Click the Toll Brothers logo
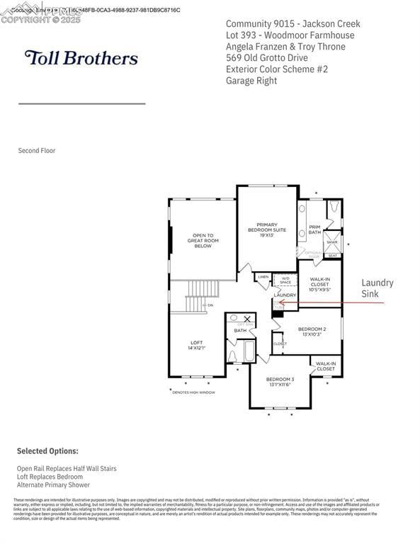[x=81, y=57]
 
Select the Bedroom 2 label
[x=312, y=331]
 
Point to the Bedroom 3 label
[x=280, y=382]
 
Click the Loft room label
[x=196, y=345]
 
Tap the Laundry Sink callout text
[x=377, y=288]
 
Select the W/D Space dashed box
[x=285, y=280]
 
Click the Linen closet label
[x=263, y=277]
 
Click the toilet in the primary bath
[x=334, y=208]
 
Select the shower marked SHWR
[x=332, y=242]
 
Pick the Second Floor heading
[x=37, y=150]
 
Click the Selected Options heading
[x=47, y=450]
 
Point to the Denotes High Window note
[x=194, y=392]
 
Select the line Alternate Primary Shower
[x=54, y=485]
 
